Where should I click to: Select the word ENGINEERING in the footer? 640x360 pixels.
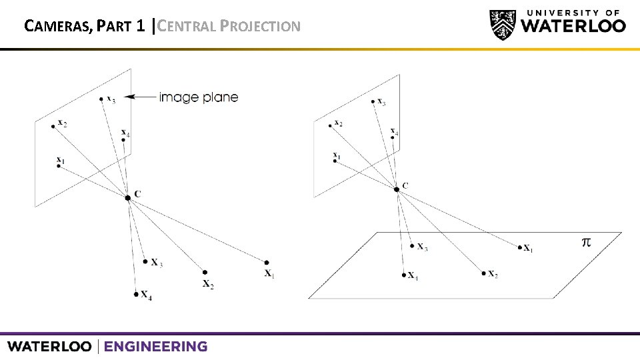click(155, 347)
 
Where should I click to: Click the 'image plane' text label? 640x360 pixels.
click(198, 97)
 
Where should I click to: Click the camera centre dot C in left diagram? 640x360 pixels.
click(127, 197)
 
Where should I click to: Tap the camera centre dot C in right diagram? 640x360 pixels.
click(397, 189)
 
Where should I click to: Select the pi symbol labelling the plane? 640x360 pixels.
click(586, 242)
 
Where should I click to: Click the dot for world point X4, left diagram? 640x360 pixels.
click(136, 293)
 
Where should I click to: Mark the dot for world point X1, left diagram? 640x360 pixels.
click(267, 263)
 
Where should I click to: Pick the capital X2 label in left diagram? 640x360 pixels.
click(207, 285)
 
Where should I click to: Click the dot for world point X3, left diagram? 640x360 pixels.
click(145, 261)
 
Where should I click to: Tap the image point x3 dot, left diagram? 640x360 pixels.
click(101, 99)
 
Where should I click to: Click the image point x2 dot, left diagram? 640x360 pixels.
click(53, 126)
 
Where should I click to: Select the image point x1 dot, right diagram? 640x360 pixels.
click(335, 161)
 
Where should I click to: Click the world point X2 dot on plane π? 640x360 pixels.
click(483, 273)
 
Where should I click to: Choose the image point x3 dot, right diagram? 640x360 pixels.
click(372, 101)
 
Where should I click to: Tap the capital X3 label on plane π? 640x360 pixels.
click(423, 247)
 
